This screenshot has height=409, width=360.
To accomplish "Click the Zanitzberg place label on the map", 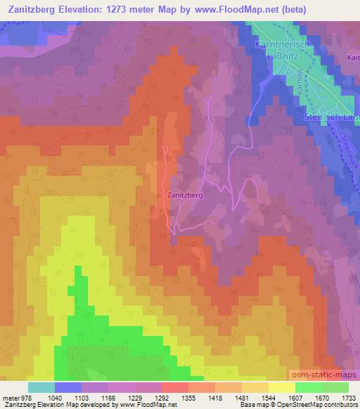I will point(186,197).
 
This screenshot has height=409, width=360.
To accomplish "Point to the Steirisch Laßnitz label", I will point(333,117).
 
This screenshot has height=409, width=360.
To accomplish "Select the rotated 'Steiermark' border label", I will point(344,162).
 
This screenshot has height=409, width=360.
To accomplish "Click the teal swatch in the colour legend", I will point(41,387).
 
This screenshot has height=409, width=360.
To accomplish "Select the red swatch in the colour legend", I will point(175,387).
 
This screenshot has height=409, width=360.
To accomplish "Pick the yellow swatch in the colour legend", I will point(282,387).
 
